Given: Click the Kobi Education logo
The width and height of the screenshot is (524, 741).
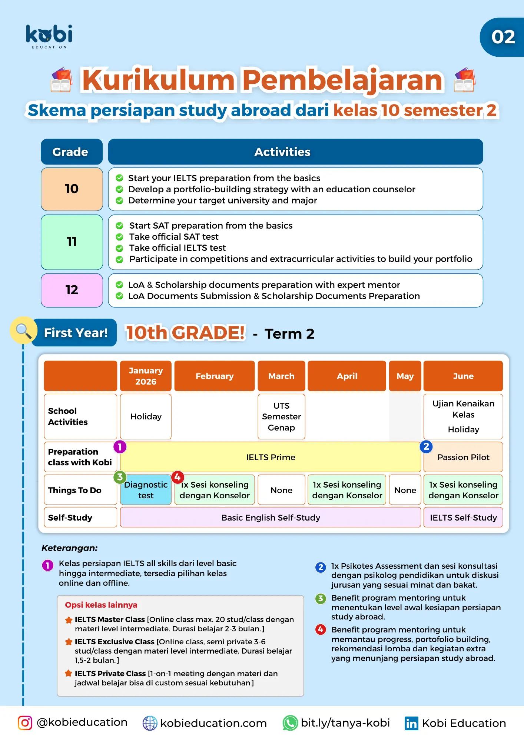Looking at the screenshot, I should pos(49,36).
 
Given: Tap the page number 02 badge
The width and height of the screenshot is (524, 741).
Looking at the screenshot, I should pos(503,37).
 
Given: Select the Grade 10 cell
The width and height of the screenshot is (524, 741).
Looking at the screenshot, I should pos(72,189).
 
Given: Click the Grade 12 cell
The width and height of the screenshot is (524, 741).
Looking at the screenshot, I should pos(72,290).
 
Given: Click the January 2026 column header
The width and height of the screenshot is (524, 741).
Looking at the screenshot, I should pos(146,376).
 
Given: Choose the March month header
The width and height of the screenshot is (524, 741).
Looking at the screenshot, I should pos(281,376).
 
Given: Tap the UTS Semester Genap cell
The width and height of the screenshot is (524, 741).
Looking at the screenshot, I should pos(281,416).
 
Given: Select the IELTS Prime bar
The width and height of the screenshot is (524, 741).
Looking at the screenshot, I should pos(271,457).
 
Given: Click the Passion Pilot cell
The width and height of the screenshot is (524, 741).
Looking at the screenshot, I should pos(463,457).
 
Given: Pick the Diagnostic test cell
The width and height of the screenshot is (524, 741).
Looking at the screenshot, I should pos(146,490).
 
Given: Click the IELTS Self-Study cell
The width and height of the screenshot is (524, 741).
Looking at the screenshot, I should pos(463,518).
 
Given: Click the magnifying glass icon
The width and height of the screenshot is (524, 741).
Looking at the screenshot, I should pos(24,330).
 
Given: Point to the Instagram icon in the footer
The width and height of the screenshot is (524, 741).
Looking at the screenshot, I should pos(25,723).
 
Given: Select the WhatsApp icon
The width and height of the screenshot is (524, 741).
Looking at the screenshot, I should pos(290,723).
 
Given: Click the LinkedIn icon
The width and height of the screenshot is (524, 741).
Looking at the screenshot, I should pos(411,723).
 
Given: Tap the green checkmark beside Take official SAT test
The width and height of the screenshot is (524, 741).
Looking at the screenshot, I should pos(120,237).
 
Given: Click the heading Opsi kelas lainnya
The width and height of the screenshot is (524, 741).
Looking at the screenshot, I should pos(101,605).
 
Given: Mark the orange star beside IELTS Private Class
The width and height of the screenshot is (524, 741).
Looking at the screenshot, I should pos(69,674).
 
